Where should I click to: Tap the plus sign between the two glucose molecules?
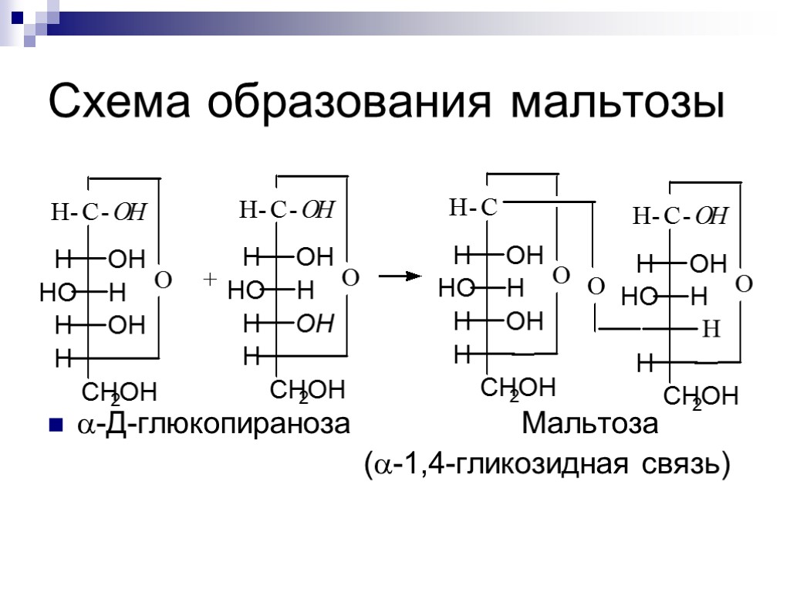pyautogui.click(x=208, y=280)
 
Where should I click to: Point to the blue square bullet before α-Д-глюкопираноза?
pyautogui.click(x=55, y=425)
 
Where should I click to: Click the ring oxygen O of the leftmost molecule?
pyautogui.click(x=163, y=280)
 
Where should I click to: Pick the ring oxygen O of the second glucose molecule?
pyautogui.click(x=350, y=277)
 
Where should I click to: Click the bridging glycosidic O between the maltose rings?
pyautogui.click(x=596, y=287)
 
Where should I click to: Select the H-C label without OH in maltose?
pyautogui.click(x=473, y=207)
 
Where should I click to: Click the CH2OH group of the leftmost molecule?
pyautogui.click(x=119, y=392)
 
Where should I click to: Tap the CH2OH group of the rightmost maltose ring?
pyautogui.click(x=701, y=398)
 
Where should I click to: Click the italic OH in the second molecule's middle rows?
pyautogui.click(x=316, y=324)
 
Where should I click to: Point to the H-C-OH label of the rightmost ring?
pyautogui.click(x=680, y=216)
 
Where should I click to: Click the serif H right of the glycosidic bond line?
pyautogui.click(x=711, y=331)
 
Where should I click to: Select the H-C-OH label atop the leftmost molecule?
pyautogui.click(x=99, y=212)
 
